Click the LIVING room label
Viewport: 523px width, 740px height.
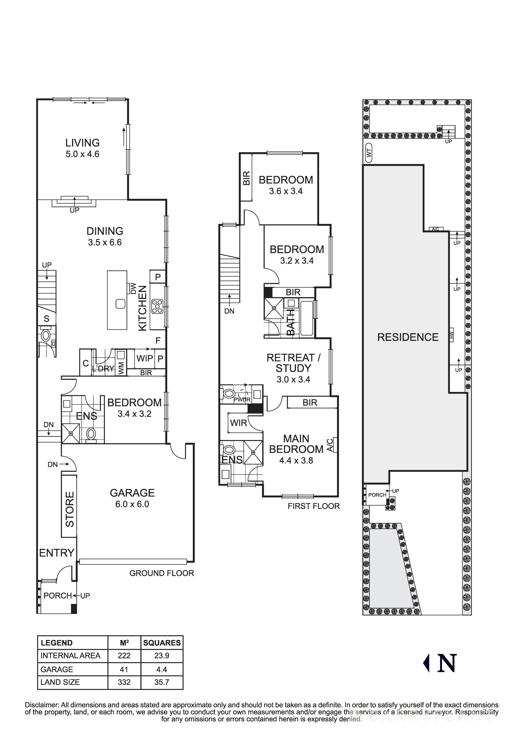click(82, 143)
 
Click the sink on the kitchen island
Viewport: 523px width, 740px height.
click(120, 304)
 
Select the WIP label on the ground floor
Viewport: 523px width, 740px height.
click(145, 358)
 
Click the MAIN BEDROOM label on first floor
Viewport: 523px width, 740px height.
click(296, 444)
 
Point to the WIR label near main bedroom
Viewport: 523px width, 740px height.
click(238, 423)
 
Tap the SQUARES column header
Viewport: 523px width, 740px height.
click(162, 643)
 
